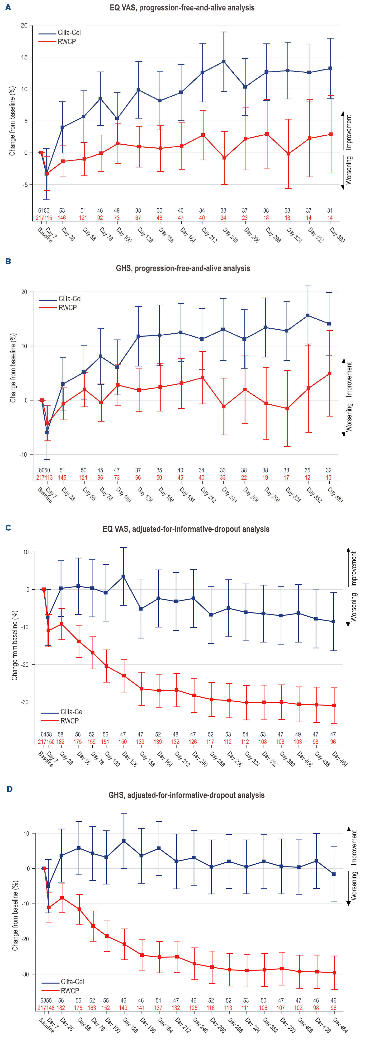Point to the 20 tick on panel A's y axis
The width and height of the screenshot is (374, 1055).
(24, 25)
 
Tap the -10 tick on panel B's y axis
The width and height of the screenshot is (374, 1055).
(23, 454)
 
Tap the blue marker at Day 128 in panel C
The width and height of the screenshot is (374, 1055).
(123, 577)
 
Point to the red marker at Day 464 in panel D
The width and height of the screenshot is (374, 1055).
(335, 973)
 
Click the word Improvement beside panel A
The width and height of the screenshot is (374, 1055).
(349, 132)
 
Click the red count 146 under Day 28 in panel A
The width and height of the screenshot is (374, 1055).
(62, 218)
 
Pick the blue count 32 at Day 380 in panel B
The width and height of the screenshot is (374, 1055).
(329, 470)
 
